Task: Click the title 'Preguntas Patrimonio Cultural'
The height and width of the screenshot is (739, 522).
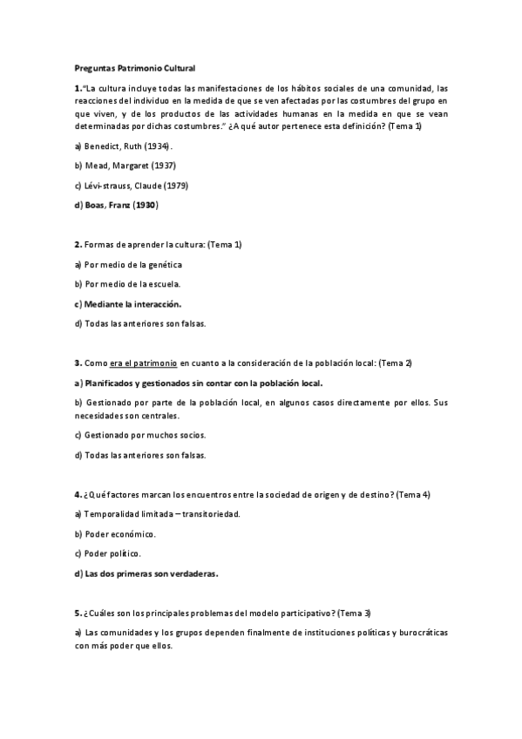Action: tap(135, 67)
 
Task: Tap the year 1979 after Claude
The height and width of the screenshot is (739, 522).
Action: tap(176, 186)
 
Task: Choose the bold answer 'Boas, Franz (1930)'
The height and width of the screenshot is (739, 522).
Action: tap(121, 206)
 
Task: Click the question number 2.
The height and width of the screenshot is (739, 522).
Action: tap(78, 245)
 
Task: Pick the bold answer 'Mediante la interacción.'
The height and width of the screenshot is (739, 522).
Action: tap(132, 304)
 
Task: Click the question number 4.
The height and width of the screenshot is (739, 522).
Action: tap(78, 494)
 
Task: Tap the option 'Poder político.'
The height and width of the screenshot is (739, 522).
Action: tap(112, 553)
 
